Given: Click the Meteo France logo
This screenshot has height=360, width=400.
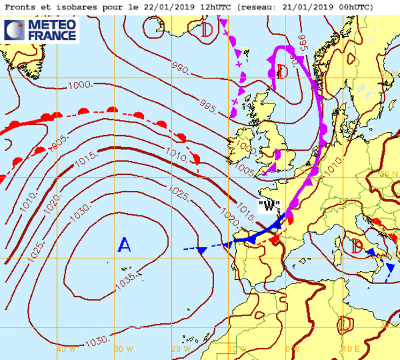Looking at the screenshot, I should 41,31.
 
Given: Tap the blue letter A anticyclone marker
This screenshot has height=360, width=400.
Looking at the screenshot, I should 124,246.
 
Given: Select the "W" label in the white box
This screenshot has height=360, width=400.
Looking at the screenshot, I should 269,206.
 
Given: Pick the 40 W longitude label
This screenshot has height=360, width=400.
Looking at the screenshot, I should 66,349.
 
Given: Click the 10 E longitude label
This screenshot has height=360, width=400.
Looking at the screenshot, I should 350,349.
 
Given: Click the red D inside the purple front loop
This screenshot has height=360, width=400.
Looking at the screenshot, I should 281,72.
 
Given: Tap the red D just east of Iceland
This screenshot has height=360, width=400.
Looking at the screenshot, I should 208,29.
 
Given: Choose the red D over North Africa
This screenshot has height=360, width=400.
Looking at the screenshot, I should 346,323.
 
